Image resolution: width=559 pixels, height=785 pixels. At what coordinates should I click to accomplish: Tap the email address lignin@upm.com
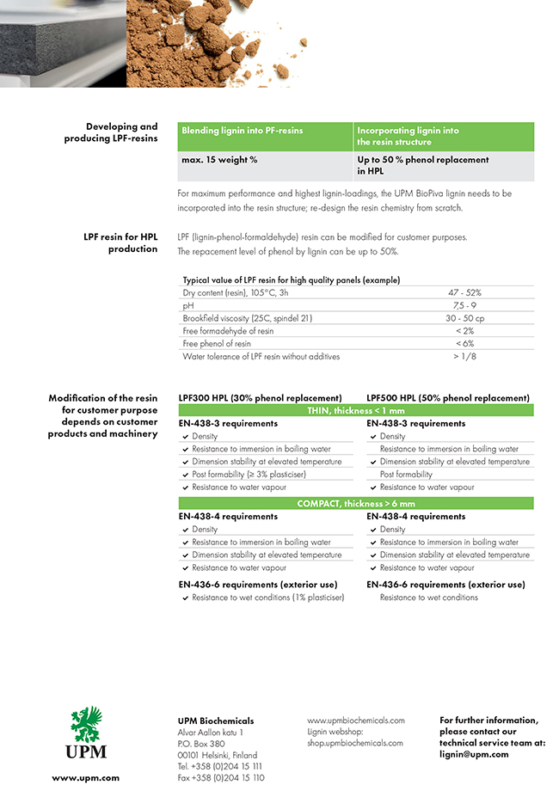point(474,754)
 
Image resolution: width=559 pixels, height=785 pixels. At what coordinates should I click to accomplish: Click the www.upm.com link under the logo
point(85,777)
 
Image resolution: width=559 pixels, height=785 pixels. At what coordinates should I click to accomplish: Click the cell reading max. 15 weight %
point(219,160)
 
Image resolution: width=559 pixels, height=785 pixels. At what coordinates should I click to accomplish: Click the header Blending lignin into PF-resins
point(243,131)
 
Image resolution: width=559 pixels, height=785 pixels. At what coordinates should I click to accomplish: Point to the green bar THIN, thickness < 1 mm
point(355,411)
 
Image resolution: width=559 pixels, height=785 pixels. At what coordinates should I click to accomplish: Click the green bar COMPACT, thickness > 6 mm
point(355,504)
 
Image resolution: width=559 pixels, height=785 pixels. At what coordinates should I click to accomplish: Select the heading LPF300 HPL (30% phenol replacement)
point(260,398)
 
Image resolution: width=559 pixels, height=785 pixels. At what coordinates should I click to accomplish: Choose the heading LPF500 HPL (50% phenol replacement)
point(447,398)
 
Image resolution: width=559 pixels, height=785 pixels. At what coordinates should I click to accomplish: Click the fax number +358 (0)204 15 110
point(220,777)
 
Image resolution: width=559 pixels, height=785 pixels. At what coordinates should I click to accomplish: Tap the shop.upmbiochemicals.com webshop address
point(355,743)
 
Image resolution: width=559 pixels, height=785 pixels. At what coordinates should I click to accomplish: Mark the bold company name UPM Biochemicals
point(215,721)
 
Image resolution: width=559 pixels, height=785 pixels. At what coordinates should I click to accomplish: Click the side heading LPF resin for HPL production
point(120,243)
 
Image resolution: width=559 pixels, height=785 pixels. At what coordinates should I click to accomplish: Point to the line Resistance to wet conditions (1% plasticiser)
point(267,598)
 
